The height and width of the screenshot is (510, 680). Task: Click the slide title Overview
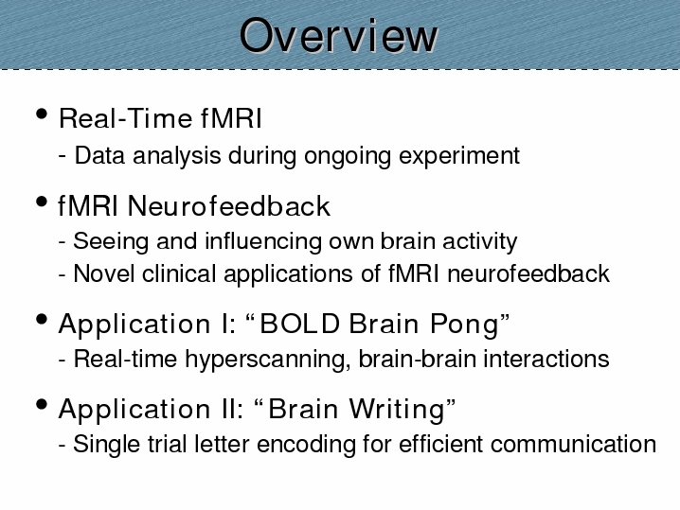coord(339,36)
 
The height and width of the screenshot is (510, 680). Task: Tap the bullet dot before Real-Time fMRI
coord(42,114)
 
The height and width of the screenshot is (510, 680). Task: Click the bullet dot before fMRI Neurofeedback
coord(42,202)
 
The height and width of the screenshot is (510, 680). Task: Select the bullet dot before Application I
coord(42,320)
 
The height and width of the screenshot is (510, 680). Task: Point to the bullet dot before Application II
coord(42,405)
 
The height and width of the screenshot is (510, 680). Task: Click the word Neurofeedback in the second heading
coord(229,205)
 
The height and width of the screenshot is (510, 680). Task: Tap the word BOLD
coord(299,324)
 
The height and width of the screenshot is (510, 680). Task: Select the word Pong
coord(465,325)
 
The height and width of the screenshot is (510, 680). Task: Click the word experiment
coord(459,156)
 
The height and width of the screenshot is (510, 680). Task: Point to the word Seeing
coord(111,242)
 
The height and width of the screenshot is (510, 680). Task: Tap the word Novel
coord(104,273)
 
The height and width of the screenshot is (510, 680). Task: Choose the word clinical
coord(179,273)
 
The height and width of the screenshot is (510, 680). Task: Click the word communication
coord(573,444)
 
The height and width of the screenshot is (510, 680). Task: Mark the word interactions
coord(546,360)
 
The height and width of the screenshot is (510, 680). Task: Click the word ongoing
coord(348,156)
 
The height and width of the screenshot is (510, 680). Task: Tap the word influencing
coord(263,242)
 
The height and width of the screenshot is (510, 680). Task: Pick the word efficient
coord(440,444)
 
